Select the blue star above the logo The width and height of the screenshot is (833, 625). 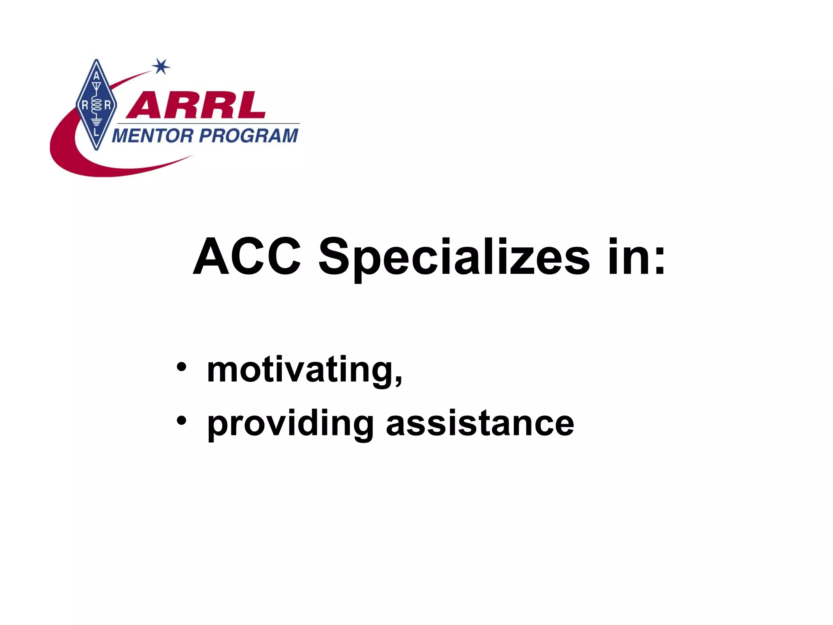point(161,66)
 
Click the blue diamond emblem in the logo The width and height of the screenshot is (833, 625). point(96,105)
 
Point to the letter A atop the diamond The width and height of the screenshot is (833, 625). point(96,76)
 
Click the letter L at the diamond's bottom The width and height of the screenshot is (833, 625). point(96,133)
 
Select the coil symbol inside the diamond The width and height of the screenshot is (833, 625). point(96,105)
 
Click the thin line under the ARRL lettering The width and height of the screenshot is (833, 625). point(207,123)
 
